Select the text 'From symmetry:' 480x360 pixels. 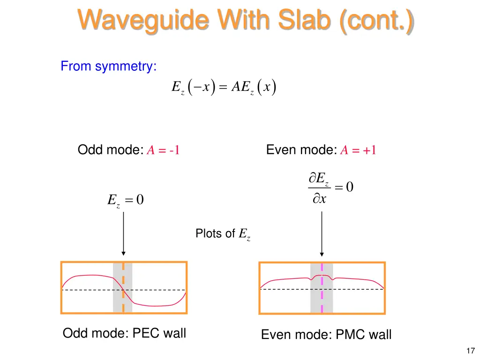(x=108, y=67)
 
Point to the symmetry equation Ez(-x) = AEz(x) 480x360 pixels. (x=223, y=88)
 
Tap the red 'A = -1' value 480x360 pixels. (x=164, y=150)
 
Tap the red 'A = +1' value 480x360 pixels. (x=359, y=150)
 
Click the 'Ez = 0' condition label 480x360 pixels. (x=125, y=200)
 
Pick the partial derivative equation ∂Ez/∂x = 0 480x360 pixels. (x=330, y=188)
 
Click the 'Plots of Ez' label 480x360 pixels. (x=223, y=233)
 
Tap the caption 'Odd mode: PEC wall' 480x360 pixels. (x=124, y=333)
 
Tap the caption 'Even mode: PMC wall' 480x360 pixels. (x=326, y=335)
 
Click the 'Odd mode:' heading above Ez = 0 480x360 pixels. (x=110, y=150)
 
